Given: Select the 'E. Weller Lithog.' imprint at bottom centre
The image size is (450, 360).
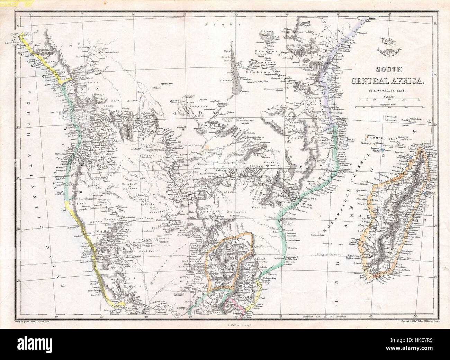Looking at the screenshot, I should [x=225, y=324].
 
